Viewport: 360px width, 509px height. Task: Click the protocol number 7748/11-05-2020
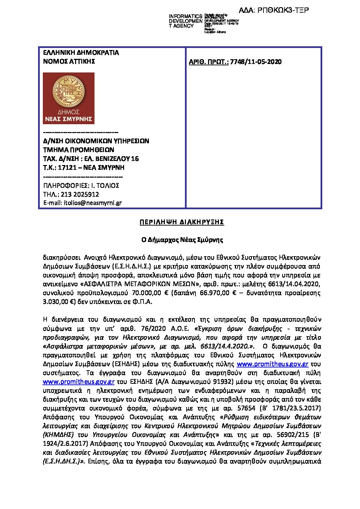pos(256,62)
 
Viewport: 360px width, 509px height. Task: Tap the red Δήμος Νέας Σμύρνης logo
pos(69,98)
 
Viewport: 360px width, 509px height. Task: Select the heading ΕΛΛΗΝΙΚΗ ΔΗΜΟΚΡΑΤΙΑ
pos(81,53)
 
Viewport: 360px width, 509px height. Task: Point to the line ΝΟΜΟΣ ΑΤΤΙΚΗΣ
pos(69,62)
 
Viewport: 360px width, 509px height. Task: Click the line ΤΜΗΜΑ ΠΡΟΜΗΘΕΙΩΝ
pos(79,150)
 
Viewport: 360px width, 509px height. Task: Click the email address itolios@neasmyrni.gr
pos(93,203)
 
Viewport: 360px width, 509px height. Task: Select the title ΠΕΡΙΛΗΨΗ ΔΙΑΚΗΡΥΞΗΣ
pos(182,222)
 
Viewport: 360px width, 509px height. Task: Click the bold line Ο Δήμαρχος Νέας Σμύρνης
pos(182,240)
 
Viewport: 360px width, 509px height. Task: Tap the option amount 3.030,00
pos(56,302)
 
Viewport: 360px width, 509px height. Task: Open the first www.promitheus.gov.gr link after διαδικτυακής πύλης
pos(272,364)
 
